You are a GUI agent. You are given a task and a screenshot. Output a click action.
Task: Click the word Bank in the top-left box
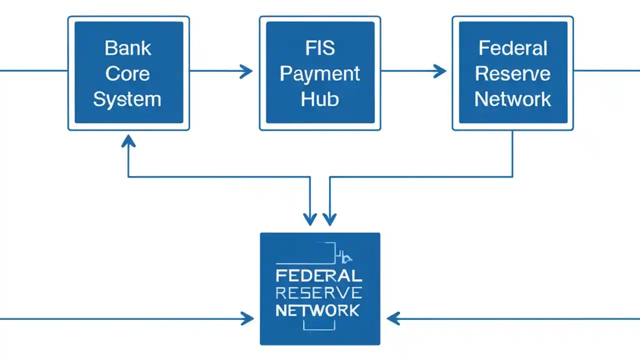(x=128, y=48)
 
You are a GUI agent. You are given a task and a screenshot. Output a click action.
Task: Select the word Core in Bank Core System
(x=128, y=73)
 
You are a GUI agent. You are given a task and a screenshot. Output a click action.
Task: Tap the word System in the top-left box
(x=127, y=99)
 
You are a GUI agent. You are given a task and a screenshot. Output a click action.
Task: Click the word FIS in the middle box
(x=320, y=48)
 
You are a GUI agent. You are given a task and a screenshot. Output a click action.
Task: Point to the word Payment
(x=320, y=73)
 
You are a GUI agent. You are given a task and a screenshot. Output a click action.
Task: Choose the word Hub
(x=320, y=99)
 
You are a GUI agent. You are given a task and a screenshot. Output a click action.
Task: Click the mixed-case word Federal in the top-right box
(x=512, y=48)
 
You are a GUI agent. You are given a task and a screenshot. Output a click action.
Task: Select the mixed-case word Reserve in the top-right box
(x=512, y=73)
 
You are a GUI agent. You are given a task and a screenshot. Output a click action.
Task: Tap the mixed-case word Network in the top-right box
(x=512, y=99)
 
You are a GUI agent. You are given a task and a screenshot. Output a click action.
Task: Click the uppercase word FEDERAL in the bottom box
(x=319, y=275)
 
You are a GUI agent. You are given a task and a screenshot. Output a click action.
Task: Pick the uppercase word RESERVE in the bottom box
(x=319, y=292)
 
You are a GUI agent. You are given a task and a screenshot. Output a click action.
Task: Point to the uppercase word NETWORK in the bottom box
(x=317, y=310)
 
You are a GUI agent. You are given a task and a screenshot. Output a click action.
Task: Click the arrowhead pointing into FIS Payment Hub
(x=246, y=71)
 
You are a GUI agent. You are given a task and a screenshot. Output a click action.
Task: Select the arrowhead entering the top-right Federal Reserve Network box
(x=440, y=71)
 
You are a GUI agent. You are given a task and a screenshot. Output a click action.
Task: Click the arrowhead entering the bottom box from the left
(x=247, y=318)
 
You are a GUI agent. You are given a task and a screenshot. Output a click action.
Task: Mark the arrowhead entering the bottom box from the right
(x=393, y=318)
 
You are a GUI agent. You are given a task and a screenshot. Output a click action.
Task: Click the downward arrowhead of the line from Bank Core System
(x=310, y=219)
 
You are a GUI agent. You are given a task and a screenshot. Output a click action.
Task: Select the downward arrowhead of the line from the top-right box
(x=329, y=219)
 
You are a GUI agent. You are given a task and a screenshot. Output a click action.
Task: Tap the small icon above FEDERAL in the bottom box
(x=345, y=258)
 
